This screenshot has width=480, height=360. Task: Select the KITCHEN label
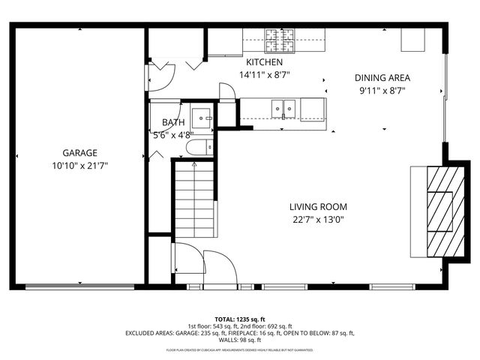point(264,62)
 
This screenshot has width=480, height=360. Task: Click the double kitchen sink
point(283,109)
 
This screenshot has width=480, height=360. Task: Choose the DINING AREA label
point(382,77)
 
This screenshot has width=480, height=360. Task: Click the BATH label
point(173,123)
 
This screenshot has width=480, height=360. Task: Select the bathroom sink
point(201,118)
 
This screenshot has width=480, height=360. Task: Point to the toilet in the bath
point(199,147)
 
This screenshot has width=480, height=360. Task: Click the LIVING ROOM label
point(319,207)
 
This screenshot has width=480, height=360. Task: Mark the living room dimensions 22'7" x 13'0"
point(319,220)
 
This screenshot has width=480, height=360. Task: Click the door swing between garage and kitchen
point(162,73)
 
